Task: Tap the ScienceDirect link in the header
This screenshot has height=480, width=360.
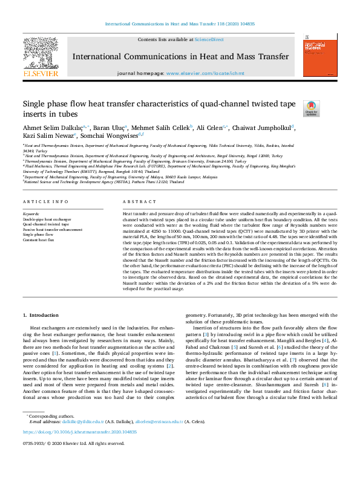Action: pyautogui.click(x=209, y=39)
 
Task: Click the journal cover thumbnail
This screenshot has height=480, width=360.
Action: pyautogui.click(x=319, y=55)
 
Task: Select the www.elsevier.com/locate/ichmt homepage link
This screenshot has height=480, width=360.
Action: pyautogui.click(x=206, y=73)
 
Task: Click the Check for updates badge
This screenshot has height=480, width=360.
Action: pyautogui.click(x=312, y=108)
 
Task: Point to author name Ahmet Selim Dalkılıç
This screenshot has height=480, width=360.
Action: pyautogui.click(x=54, y=128)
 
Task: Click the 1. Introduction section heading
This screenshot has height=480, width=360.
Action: pyautogui.click(x=41, y=315)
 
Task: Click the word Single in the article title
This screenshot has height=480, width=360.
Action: pyautogui.click(x=36, y=104)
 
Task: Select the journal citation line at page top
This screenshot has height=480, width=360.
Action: pyautogui.click(x=180, y=24)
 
